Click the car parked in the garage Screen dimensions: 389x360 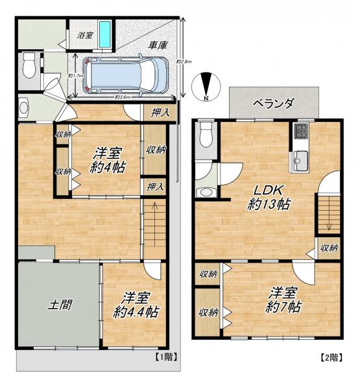[x=127, y=74]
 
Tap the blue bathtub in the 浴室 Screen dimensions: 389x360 [x=104, y=36]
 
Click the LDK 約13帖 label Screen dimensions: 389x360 [x=268, y=196]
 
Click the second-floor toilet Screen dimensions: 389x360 [x=206, y=135]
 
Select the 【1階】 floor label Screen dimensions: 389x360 [x=166, y=357]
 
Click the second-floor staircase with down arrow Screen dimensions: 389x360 [x=329, y=214]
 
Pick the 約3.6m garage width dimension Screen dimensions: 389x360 [x=123, y=97]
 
